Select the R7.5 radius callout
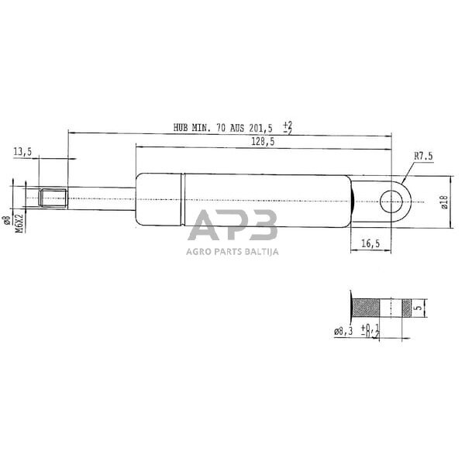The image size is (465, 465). pyautogui.click(x=422, y=156)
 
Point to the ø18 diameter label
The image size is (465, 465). pyautogui.click(x=444, y=202)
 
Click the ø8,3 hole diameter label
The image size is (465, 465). pyautogui.click(x=343, y=332)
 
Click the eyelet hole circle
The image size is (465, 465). pyautogui.click(x=389, y=202)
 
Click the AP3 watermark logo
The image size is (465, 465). pyautogui.click(x=232, y=226)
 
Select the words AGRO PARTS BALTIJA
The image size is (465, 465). pyautogui.click(x=232, y=250)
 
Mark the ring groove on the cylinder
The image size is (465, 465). pyautogui.click(x=184, y=201)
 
